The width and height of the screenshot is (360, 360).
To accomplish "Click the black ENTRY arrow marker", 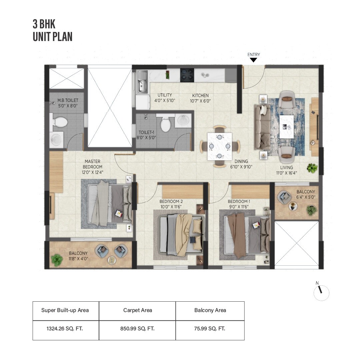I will [x=253, y=60].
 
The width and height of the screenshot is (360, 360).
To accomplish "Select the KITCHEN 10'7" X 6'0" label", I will [x=200, y=98].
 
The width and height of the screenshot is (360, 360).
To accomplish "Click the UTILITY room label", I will [x=165, y=98].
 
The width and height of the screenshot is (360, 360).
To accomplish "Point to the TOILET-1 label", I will [x=147, y=135].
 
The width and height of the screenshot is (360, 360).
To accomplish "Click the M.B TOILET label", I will [x=68, y=103].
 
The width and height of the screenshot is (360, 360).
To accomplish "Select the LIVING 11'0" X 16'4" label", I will [x=286, y=170].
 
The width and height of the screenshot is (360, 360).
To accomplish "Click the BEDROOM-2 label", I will [x=171, y=204].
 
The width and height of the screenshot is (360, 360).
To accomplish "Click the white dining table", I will [x=220, y=146].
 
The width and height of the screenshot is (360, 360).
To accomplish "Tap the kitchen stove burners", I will [x=187, y=75].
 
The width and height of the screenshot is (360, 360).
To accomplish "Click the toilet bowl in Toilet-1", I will [x=165, y=124].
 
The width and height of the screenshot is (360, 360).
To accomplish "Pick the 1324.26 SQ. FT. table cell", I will [x=65, y=329].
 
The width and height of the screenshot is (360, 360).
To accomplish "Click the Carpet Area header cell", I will [x=137, y=310].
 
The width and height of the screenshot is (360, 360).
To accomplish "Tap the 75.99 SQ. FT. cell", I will [x=210, y=329].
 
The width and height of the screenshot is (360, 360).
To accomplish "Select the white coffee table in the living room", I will [x=287, y=126].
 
